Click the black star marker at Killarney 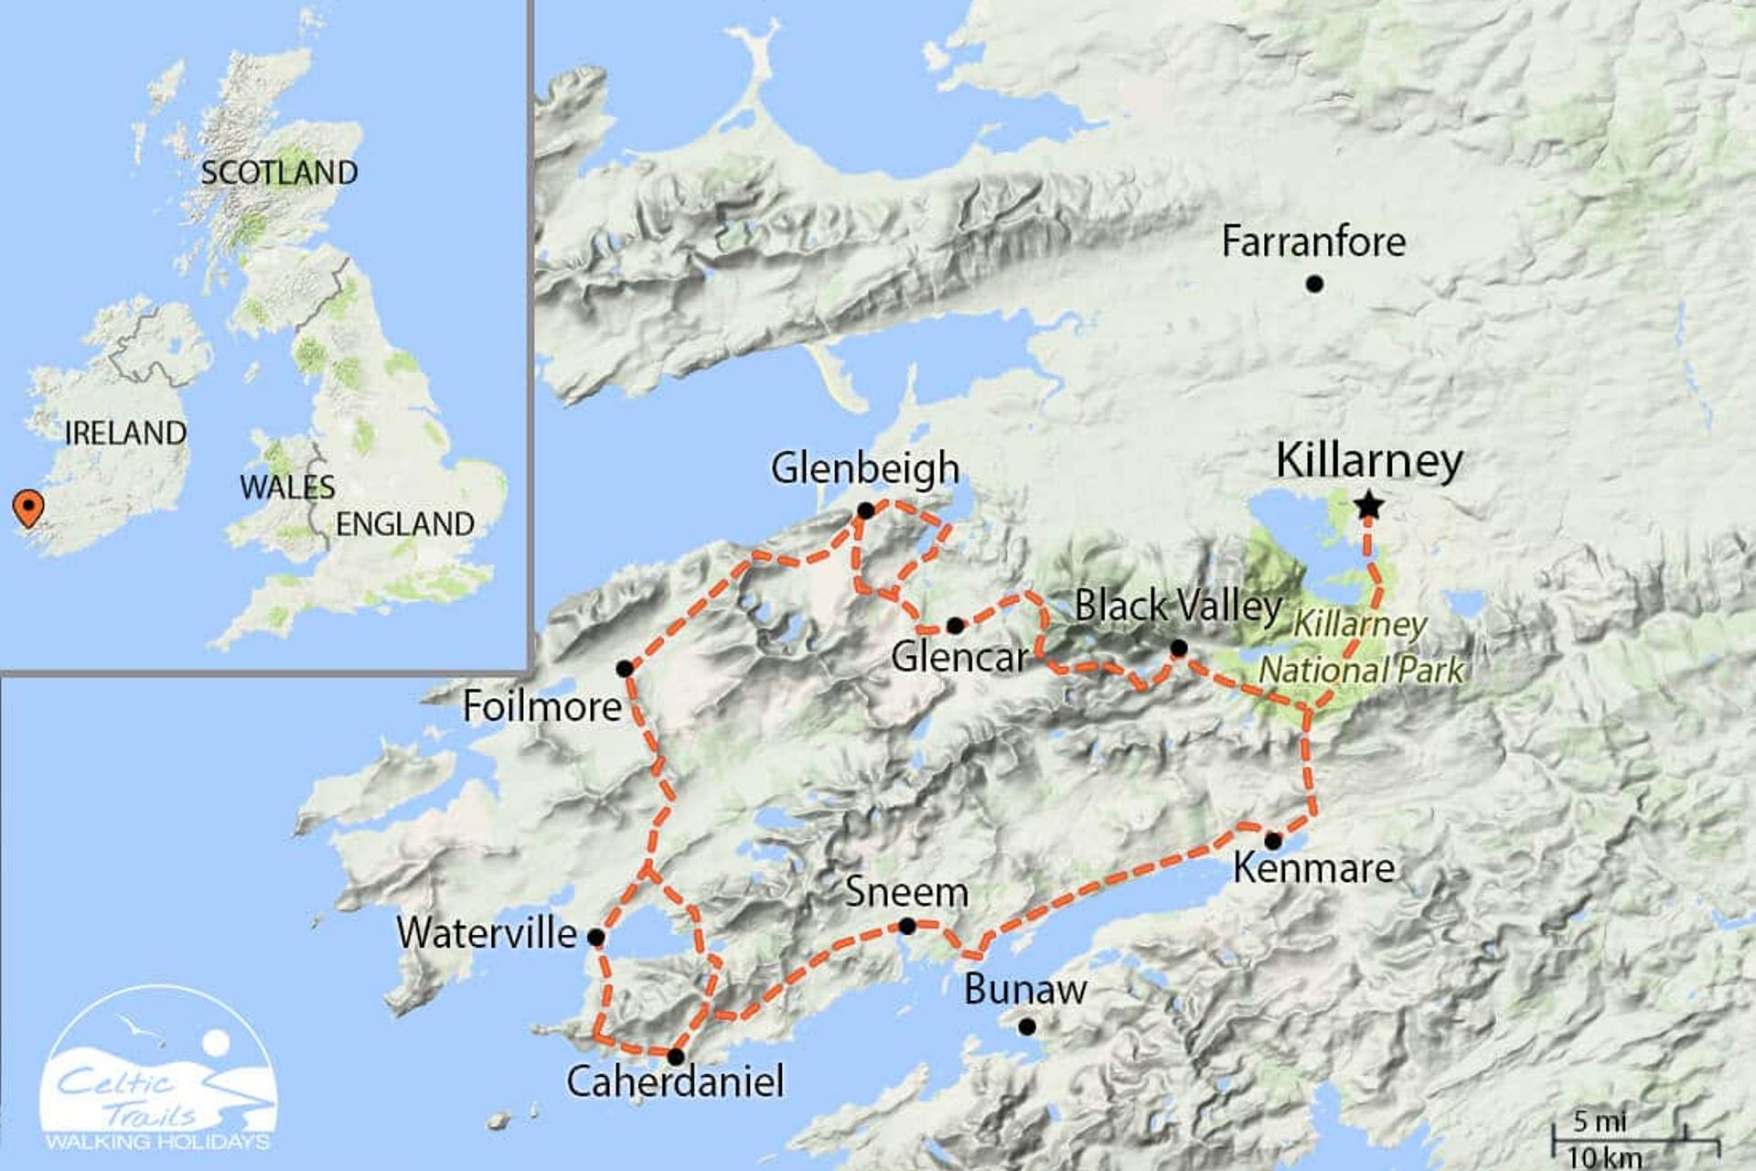pos(1368,505)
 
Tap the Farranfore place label pos(1313,242)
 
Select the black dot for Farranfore pos(1314,285)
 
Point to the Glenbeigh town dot pos(865,510)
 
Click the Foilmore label pos(541,706)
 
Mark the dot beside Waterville pos(595,937)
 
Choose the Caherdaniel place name pos(675,1081)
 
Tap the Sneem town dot pos(906,926)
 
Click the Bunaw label pos(1024,989)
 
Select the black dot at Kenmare pos(1272,841)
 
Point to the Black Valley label pos(1178,606)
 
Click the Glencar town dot pos(955,626)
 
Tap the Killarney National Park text pos(1361,648)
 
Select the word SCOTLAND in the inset pos(279,172)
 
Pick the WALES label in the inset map pos(287,487)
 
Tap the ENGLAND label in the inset pos(404,524)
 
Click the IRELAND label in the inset pos(125,433)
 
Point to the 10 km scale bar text pos(1604,1157)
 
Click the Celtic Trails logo pos(157,1070)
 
